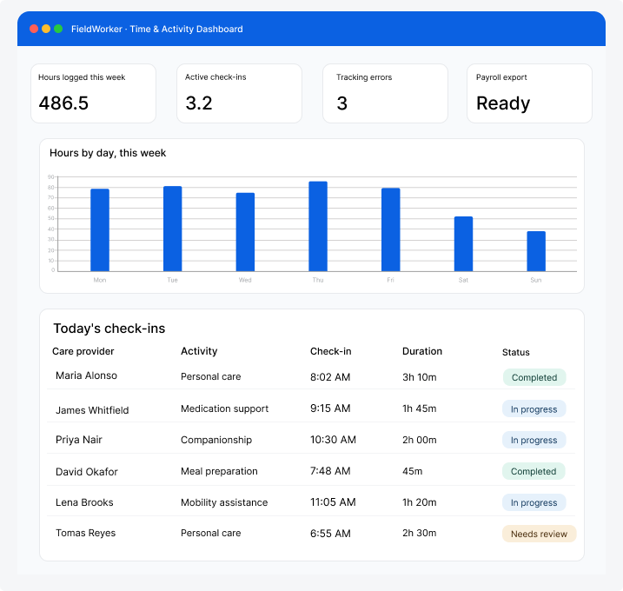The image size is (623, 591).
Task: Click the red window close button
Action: click(x=34, y=29)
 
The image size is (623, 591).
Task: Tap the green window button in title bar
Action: click(x=58, y=29)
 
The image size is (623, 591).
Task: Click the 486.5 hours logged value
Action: click(x=63, y=103)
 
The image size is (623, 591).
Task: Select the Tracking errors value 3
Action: click(x=342, y=103)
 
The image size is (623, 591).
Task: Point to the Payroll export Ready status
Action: click(x=503, y=103)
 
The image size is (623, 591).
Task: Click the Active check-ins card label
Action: click(x=215, y=77)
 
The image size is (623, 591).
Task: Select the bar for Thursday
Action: click(x=318, y=226)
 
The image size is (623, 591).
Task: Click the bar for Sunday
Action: click(x=536, y=251)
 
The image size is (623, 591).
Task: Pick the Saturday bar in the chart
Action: click(x=463, y=244)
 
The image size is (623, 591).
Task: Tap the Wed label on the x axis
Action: click(x=245, y=280)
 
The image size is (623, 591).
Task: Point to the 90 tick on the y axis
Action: click(x=51, y=176)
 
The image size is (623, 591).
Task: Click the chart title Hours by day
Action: click(x=108, y=153)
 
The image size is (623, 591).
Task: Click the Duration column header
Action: click(x=422, y=351)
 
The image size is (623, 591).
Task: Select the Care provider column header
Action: click(x=83, y=351)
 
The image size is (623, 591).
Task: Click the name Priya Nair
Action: click(x=79, y=440)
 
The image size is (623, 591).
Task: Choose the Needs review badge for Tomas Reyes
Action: click(x=540, y=534)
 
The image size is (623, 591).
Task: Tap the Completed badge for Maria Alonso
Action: click(x=534, y=377)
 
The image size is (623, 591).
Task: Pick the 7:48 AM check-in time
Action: click(x=330, y=471)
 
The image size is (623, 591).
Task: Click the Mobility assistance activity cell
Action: click(x=224, y=502)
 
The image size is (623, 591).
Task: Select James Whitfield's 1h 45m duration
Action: click(x=419, y=408)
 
